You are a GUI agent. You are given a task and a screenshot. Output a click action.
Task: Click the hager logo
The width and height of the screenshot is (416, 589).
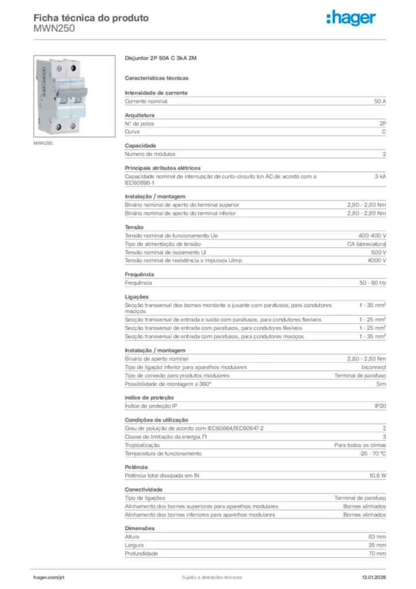pyautogui.click(x=351, y=18)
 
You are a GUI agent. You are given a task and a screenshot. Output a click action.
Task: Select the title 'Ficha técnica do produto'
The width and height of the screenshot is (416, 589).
pyautogui.click(x=91, y=18)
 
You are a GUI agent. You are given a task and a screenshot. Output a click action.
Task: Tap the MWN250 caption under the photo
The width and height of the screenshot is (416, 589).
pyautogui.click(x=43, y=143)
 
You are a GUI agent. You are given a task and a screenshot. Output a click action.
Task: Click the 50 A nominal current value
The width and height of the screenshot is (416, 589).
pyautogui.click(x=380, y=101)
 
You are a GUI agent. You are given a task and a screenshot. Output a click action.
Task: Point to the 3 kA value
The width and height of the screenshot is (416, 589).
pyautogui.click(x=380, y=177)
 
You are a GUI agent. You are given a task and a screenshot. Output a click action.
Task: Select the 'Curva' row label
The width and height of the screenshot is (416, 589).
pyautogui.click(x=132, y=132)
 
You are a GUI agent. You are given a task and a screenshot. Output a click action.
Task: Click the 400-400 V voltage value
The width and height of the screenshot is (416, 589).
pyautogui.click(x=372, y=236)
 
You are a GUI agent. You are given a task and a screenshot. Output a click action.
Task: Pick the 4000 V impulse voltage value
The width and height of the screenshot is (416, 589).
pyautogui.click(x=376, y=261)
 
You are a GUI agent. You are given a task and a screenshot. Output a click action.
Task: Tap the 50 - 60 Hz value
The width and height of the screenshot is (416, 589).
pyautogui.click(x=373, y=283)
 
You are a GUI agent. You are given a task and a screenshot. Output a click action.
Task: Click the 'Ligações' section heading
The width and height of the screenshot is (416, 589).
pyautogui.click(x=137, y=297)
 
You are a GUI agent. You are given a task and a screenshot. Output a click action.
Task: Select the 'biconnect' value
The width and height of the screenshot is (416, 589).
pyautogui.click(x=373, y=367)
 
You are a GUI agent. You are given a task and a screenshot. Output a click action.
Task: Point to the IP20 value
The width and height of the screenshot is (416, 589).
pyautogui.click(x=380, y=406)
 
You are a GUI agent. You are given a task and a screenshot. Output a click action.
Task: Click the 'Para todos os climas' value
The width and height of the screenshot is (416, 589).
pyautogui.click(x=360, y=445)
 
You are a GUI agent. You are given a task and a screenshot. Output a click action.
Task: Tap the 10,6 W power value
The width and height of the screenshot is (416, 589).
pyautogui.click(x=378, y=476)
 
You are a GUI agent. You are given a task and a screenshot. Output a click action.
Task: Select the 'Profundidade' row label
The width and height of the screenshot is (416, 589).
pyautogui.click(x=141, y=553)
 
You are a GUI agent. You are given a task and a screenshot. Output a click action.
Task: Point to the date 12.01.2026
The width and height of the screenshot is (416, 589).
pyautogui.click(x=373, y=577)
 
